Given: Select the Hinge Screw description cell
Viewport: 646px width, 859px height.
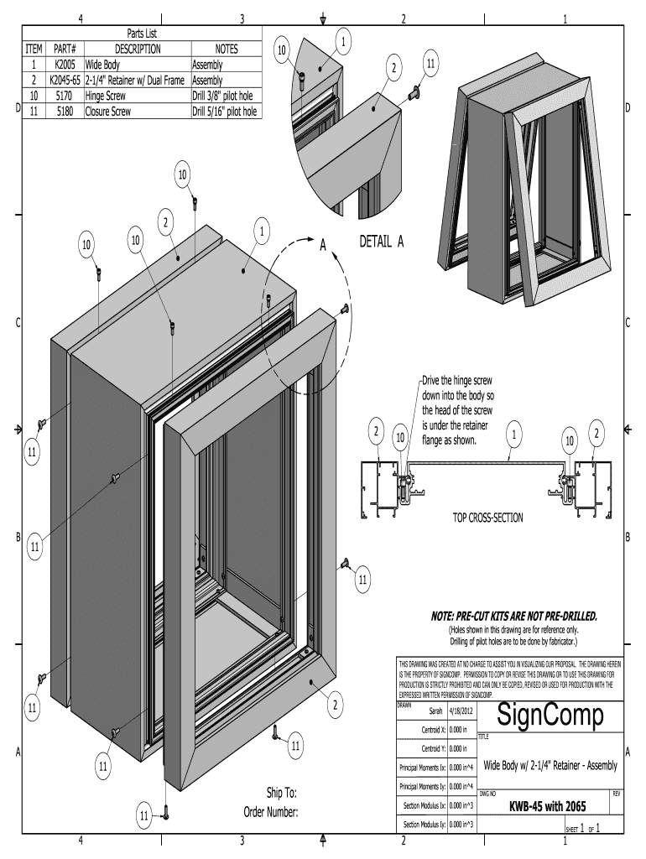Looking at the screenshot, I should pyautogui.click(x=105, y=96).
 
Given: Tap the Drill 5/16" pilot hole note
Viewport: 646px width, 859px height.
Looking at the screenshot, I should pyautogui.click(x=225, y=111).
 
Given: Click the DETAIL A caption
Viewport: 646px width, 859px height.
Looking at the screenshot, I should pyautogui.click(x=382, y=242).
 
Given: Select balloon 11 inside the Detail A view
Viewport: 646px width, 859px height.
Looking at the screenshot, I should pyautogui.click(x=430, y=64).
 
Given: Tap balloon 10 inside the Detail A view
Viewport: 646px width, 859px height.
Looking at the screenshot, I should pyautogui.click(x=283, y=50).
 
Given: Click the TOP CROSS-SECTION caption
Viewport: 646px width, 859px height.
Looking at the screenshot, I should pyautogui.click(x=487, y=518).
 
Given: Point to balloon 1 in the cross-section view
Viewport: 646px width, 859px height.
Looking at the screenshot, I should pyautogui.click(x=513, y=433).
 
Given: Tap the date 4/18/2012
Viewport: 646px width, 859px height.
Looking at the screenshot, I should pyautogui.click(x=461, y=710).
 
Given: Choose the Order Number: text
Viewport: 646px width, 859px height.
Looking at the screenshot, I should pyautogui.click(x=271, y=811).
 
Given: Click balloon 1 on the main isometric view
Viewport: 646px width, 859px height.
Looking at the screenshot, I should pyautogui.click(x=262, y=231).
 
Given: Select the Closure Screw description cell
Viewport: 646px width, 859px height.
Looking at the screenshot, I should pyautogui.click(x=107, y=111).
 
